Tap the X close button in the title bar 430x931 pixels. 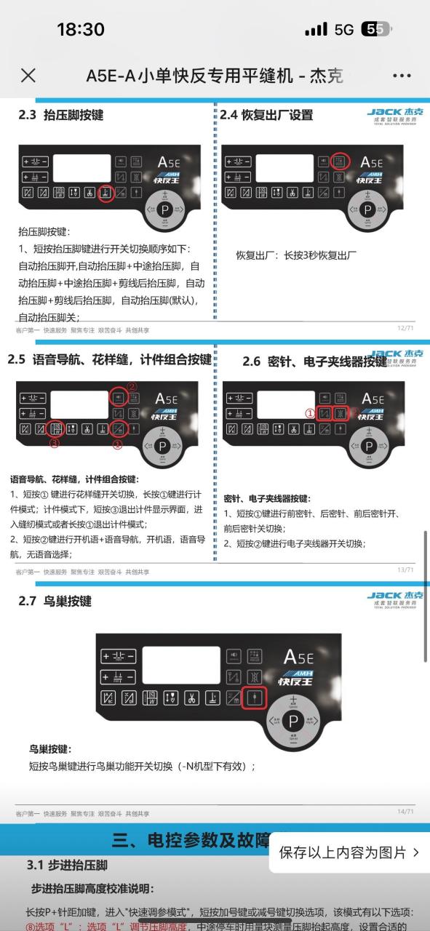coord(28,75)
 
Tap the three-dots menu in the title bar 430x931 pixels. coord(402,75)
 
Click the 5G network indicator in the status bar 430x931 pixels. coord(343,30)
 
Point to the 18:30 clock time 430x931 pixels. coord(80,29)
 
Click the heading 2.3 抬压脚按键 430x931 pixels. coord(61,115)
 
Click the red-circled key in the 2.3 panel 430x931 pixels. coord(106,193)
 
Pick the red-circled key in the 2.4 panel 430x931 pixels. coord(339,161)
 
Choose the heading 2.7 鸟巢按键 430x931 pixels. coord(55,601)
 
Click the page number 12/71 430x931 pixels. coord(406,328)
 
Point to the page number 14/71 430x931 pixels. coord(406,811)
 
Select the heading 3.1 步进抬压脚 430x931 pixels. coord(67,865)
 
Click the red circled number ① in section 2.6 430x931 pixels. coord(309,412)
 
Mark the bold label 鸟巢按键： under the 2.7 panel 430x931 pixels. coord(50,748)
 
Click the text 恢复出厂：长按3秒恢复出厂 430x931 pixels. coord(296,255)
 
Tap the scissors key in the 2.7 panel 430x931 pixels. coord(191,698)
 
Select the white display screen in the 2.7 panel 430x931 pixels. coord(181,664)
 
